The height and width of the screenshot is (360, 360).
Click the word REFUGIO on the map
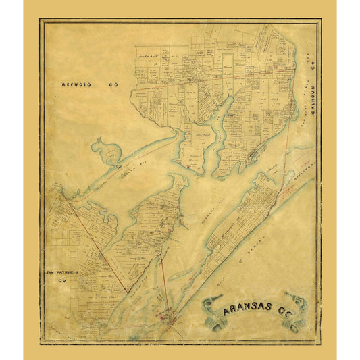74,86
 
